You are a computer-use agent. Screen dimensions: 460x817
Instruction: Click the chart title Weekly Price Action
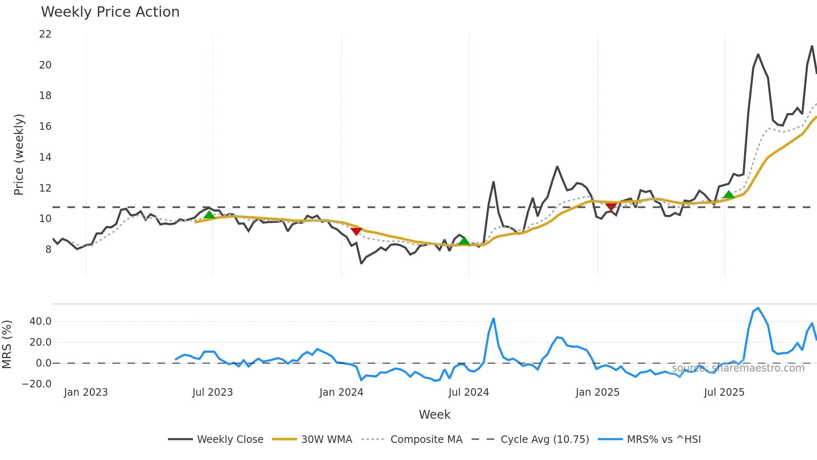pyautogui.click(x=110, y=12)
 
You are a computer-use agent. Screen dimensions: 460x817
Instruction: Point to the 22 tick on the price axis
pyautogui.click(x=45, y=34)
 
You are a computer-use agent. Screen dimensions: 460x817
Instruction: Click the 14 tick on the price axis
pyautogui.click(x=45, y=157)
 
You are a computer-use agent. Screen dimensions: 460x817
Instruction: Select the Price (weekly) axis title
pyautogui.click(x=19, y=155)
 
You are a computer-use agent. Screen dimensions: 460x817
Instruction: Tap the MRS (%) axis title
pyautogui.click(x=7, y=344)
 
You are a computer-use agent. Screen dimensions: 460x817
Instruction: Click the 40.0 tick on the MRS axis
pyautogui.click(x=40, y=321)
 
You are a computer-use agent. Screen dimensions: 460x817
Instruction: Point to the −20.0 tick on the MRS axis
pyautogui.click(x=37, y=384)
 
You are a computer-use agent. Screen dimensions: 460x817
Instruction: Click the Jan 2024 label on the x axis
pyautogui.click(x=341, y=392)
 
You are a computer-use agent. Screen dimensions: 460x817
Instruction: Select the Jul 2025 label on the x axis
pyautogui.click(x=724, y=392)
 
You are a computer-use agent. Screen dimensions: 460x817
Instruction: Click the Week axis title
pyautogui.click(x=434, y=415)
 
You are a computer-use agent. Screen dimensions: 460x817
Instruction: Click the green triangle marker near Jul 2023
pyautogui.click(x=209, y=215)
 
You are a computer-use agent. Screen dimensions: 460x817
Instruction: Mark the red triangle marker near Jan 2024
pyautogui.click(x=356, y=231)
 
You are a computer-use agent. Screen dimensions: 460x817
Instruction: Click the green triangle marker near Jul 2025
pyautogui.click(x=729, y=195)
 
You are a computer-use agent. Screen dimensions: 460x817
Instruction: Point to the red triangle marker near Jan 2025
pyautogui.click(x=611, y=206)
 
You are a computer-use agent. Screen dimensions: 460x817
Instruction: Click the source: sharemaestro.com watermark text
pyautogui.click(x=738, y=368)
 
